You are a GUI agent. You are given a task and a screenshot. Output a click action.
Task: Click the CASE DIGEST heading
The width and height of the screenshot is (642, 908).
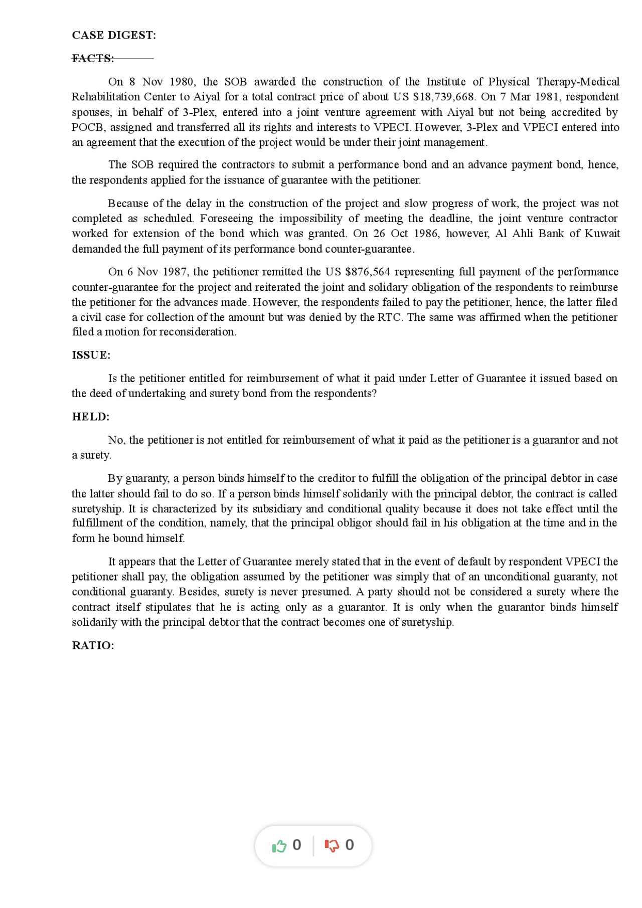click(114, 35)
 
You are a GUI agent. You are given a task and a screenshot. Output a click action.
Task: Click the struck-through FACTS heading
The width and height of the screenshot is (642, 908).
click(93, 59)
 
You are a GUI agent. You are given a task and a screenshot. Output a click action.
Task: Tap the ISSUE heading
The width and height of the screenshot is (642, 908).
click(91, 355)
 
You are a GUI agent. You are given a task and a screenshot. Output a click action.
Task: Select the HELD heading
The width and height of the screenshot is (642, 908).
click(90, 417)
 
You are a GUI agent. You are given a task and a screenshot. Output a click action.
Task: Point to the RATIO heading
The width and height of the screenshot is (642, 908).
click(93, 645)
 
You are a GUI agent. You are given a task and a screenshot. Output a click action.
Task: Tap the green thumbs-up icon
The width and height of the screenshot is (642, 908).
click(279, 846)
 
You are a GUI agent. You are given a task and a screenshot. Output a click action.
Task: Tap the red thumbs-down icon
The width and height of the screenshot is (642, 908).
click(332, 846)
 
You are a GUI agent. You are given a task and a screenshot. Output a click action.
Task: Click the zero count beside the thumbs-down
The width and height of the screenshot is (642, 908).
click(350, 845)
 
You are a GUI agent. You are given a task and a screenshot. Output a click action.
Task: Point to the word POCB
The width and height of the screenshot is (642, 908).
click(88, 127)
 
